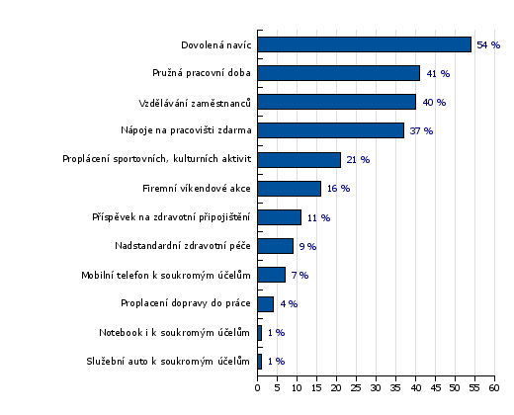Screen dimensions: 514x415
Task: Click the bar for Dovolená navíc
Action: tap(365, 44)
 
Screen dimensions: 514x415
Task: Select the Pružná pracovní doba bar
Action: tap(339, 73)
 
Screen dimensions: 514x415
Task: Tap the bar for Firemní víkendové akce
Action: tap(290, 189)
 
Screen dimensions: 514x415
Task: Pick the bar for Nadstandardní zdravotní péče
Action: tap(276, 246)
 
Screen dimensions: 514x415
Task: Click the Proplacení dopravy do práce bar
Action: tap(266, 304)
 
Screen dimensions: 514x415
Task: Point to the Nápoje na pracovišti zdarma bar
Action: tap(331, 130)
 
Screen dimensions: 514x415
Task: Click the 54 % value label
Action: tap(488, 44)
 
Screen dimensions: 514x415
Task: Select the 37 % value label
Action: tap(421, 131)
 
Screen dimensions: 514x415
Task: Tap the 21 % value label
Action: tap(358, 160)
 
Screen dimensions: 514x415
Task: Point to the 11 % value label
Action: tap(318, 217)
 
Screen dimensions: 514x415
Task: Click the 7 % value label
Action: tap(300, 275)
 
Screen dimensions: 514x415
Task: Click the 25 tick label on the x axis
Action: tap(356, 388)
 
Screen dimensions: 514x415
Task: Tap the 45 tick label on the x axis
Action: tap(435, 388)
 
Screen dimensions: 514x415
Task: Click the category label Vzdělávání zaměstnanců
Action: tap(195, 103)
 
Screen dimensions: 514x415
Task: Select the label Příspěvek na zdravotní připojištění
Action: tap(171, 217)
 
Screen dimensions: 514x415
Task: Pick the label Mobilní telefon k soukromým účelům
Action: tap(166, 275)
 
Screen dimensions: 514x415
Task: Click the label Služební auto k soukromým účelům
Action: tap(168, 362)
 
